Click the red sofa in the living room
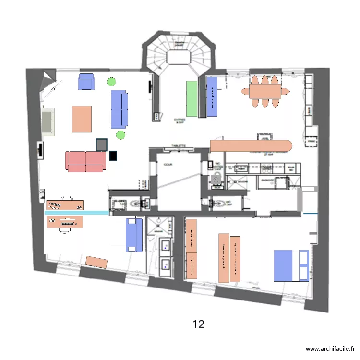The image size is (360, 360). point(86,162)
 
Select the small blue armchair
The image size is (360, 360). point(87,82)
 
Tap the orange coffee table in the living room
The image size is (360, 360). point(82,119)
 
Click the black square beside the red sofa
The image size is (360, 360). point(113,156)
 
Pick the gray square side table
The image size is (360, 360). point(101,144)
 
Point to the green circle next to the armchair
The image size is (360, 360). point(111,82)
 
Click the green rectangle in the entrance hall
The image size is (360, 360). point(192,98)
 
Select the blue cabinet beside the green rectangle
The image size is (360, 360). point(212,96)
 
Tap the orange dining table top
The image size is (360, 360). point(264,91)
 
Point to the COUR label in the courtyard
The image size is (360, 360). point(168,164)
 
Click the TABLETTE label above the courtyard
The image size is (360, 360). point(178,145)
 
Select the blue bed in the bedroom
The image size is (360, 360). point(291,265)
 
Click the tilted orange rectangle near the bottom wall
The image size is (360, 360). point(96,262)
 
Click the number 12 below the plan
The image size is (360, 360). point(198,324)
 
